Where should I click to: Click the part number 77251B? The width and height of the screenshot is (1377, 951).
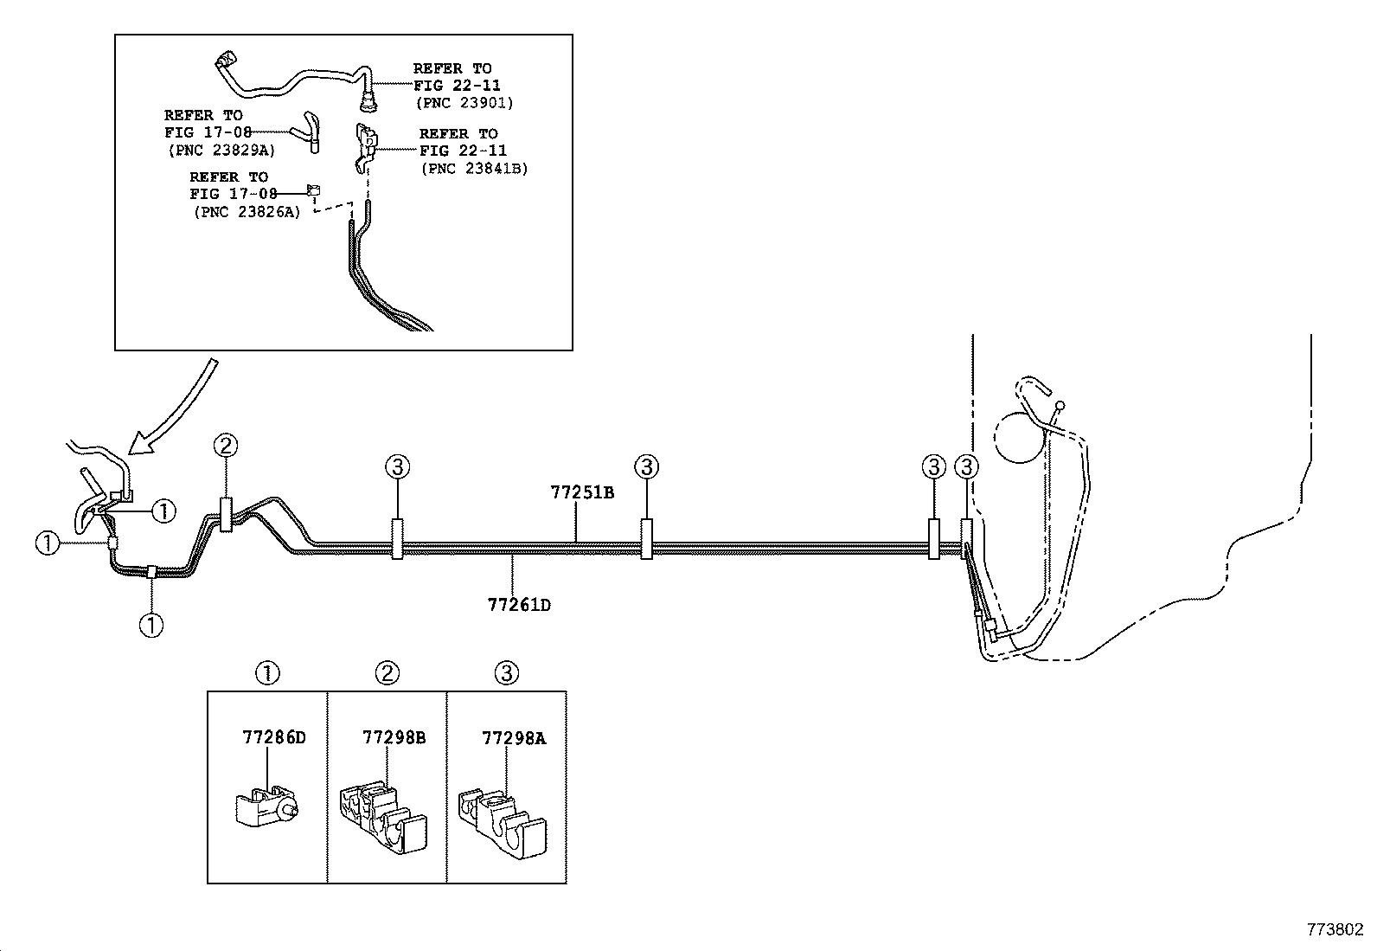point(582,492)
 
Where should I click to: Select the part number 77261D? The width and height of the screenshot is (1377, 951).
point(518,604)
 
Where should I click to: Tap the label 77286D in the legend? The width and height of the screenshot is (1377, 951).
point(274,738)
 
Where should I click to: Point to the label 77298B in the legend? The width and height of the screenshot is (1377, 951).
point(394,738)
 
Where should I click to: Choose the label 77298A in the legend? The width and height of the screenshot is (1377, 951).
point(514,738)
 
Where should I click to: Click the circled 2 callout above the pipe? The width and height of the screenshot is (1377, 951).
point(226,447)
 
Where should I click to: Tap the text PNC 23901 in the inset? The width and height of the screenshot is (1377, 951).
point(464,102)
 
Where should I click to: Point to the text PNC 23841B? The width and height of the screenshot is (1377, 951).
point(474,169)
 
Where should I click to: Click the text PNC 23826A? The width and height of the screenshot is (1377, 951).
point(247,212)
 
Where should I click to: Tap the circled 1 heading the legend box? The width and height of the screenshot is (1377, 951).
point(268,673)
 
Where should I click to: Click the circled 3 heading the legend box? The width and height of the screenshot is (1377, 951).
point(507,673)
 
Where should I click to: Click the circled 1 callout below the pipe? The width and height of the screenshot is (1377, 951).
point(151,624)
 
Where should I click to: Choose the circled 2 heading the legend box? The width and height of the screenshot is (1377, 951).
point(387,673)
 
